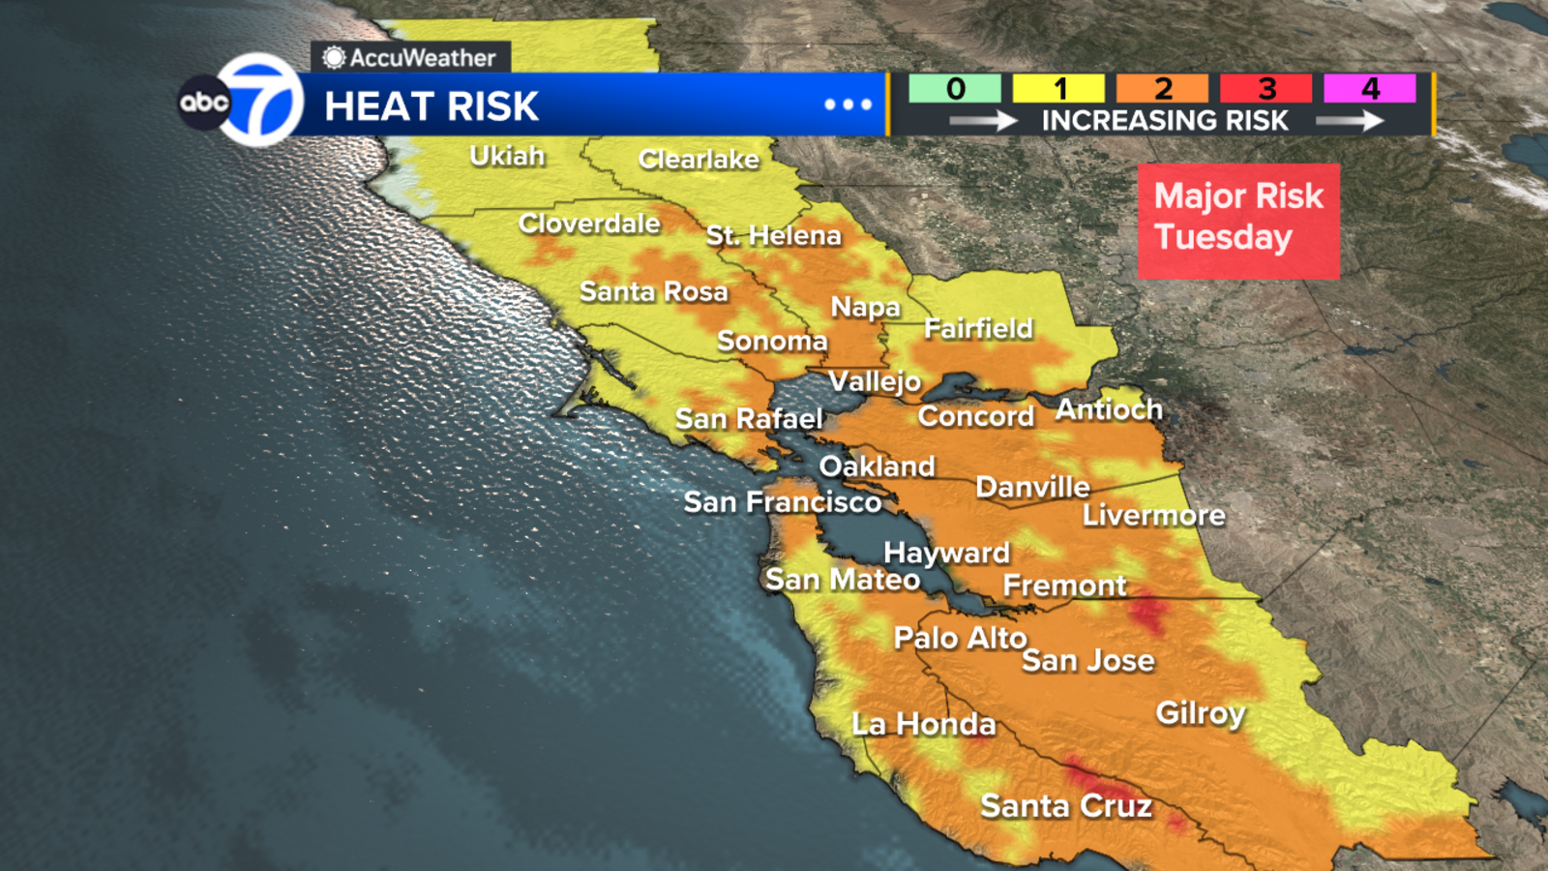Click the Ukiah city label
(507, 156)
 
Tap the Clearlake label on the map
(699, 160)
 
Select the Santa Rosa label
(653, 291)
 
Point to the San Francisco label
(782, 502)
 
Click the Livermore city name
(1153, 515)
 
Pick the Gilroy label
(1200, 713)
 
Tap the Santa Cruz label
(1066, 805)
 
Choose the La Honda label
(923, 724)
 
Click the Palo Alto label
(960, 638)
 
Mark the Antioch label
(1109, 409)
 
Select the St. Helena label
(773, 235)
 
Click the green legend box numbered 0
(955, 89)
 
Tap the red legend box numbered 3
(1265, 89)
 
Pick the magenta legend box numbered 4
(1369, 89)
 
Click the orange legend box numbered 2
(1162, 89)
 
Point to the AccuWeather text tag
(411, 58)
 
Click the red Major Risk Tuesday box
(1238, 221)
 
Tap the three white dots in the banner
(848, 105)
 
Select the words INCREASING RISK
(1164, 121)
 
